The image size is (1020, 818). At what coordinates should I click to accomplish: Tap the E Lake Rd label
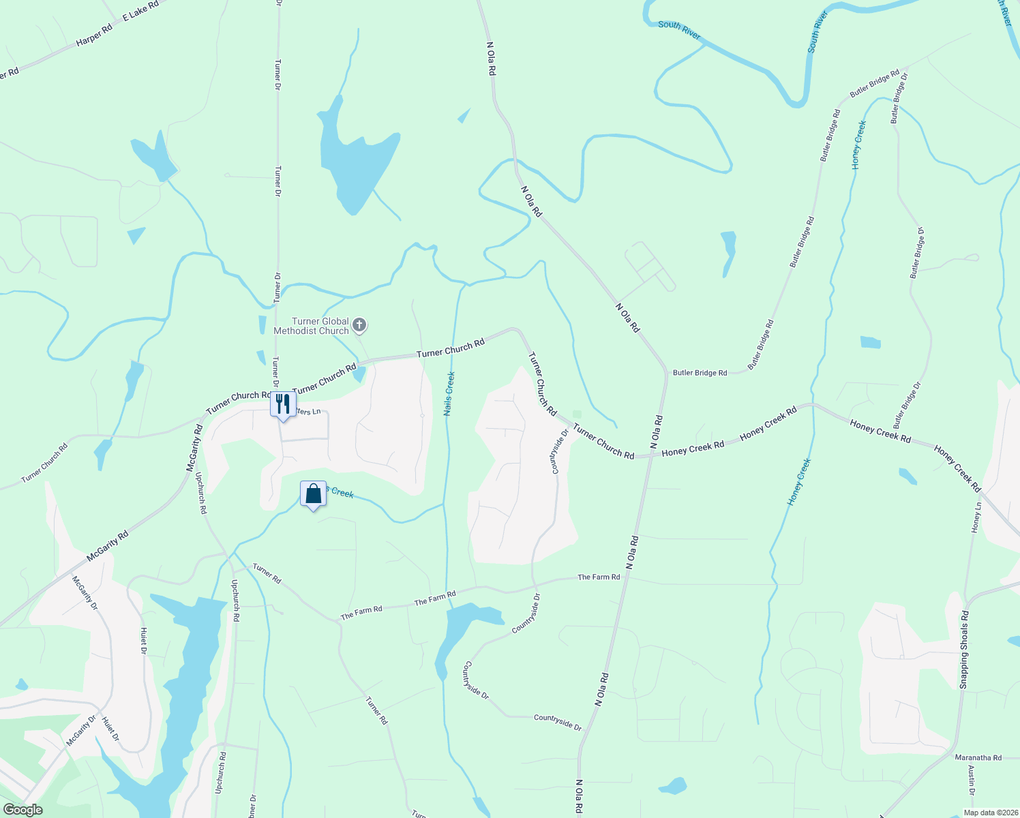(x=140, y=10)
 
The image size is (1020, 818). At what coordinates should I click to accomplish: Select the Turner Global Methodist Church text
(x=311, y=326)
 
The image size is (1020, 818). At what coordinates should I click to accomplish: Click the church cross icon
(x=359, y=325)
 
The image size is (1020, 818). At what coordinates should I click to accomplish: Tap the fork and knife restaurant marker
(x=282, y=404)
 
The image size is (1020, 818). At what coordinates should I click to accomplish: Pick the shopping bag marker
(x=313, y=494)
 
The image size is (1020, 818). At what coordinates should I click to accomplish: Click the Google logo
(x=22, y=810)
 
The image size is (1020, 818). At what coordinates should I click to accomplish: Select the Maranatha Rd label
(x=978, y=757)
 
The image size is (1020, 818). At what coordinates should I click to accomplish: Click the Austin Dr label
(x=972, y=781)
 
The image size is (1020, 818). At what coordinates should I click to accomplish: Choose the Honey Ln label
(x=977, y=518)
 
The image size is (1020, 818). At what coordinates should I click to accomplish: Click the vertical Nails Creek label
(x=449, y=393)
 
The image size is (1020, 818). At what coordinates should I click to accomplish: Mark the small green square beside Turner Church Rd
(x=577, y=414)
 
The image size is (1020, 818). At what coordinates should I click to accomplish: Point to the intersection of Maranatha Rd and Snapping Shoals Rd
(x=956, y=755)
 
